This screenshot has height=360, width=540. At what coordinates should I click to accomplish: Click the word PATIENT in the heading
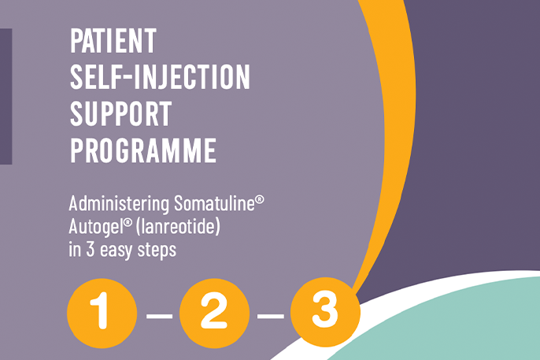(113, 39)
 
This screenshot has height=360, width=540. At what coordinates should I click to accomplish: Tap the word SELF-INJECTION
(160, 76)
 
